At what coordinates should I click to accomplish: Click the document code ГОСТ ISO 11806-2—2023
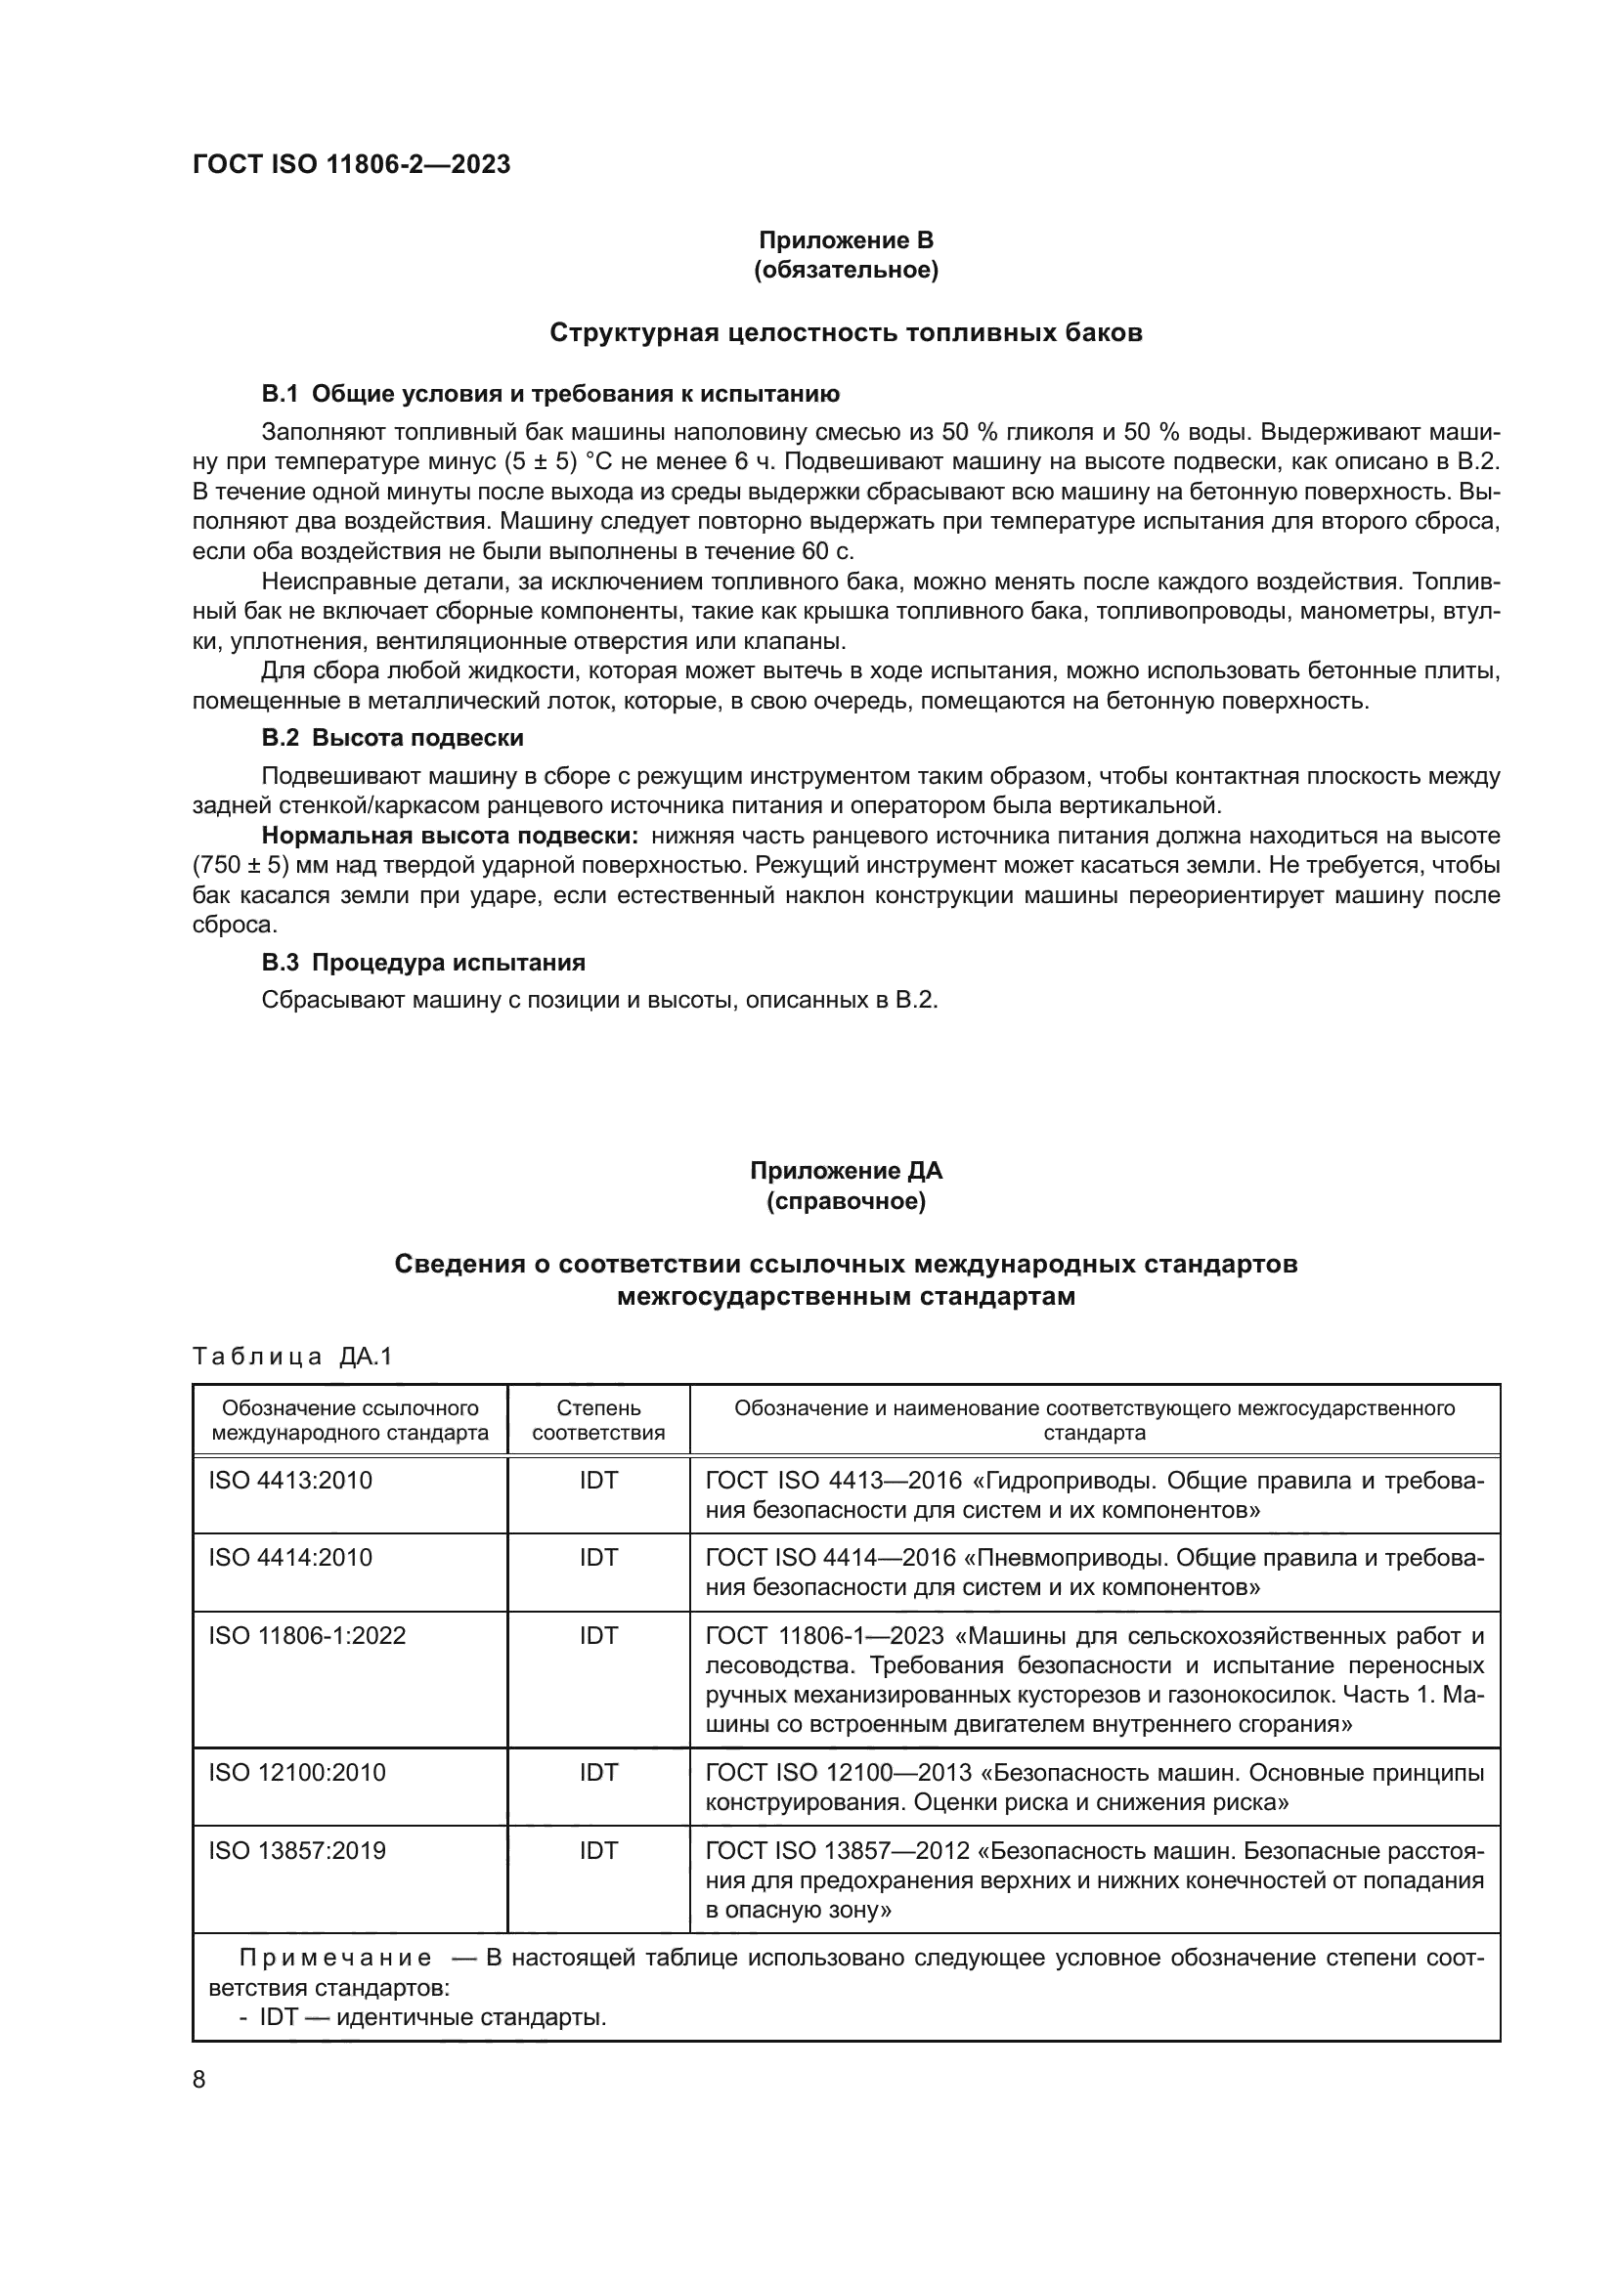point(351,165)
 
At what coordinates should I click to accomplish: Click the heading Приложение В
point(846,240)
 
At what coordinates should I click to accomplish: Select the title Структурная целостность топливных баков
point(846,332)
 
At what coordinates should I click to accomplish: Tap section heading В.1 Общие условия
point(549,394)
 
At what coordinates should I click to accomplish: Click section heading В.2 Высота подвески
point(392,738)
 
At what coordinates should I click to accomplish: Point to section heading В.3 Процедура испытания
point(423,963)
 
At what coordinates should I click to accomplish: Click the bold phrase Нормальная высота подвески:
point(449,836)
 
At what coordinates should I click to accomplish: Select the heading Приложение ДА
point(846,1171)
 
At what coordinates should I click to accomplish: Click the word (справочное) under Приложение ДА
point(846,1202)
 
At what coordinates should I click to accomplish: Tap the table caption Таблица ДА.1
point(292,1357)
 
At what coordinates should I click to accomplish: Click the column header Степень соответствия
point(598,1421)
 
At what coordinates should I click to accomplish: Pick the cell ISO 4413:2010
point(289,1481)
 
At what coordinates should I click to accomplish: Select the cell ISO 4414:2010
point(289,1557)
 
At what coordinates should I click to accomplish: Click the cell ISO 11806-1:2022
point(307,1636)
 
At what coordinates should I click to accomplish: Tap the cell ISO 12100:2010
point(297,1772)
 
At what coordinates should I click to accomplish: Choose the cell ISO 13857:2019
point(297,1851)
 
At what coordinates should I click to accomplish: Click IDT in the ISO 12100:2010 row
point(598,1772)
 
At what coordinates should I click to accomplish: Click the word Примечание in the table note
point(335,1960)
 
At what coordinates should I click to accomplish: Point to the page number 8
point(199,2080)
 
